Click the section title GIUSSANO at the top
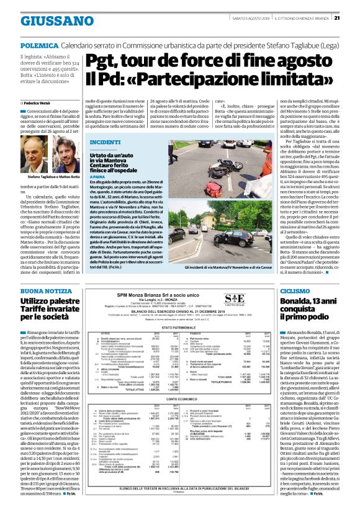52,20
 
